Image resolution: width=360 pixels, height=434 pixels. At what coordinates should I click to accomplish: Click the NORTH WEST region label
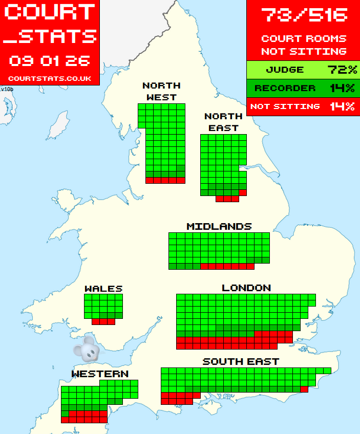161,91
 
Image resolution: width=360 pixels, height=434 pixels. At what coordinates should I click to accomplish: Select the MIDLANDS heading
219,226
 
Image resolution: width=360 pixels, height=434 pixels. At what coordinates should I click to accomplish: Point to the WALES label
103,289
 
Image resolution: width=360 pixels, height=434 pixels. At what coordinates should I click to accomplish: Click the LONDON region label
246,288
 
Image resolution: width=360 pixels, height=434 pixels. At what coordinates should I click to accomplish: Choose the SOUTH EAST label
241,361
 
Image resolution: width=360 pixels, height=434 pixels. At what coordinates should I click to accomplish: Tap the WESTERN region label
100,374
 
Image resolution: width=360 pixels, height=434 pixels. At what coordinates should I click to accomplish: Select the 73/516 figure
304,15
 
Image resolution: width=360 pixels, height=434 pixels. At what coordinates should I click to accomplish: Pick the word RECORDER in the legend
285,88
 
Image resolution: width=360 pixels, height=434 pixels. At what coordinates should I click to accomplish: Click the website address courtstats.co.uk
50,78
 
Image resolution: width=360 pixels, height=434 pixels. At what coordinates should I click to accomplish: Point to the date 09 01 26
50,61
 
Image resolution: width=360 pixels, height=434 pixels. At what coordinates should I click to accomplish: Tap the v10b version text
7,89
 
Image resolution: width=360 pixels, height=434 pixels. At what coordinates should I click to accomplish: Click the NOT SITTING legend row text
285,106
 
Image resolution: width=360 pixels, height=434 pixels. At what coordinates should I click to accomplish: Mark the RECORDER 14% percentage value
342,88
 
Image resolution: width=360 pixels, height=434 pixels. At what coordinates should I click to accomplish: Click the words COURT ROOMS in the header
304,38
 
